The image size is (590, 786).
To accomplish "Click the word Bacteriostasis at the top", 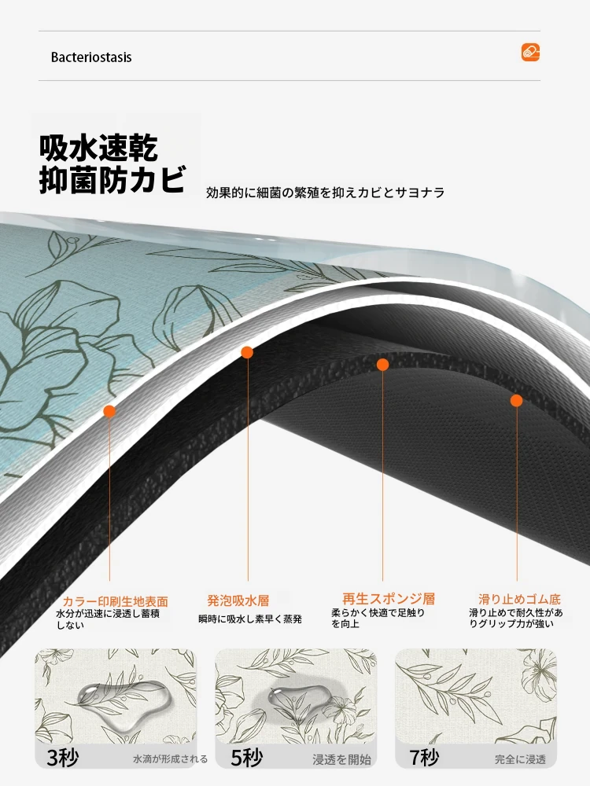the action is [x=91, y=57].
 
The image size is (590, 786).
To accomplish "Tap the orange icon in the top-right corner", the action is [x=530, y=52].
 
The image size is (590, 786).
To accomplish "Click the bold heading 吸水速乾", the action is [x=99, y=147].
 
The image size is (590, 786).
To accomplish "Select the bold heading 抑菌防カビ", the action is [x=112, y=179].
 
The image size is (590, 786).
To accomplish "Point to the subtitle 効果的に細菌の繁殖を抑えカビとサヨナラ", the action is [x=325, y=193].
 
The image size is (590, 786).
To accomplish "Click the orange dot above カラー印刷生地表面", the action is [x=109, y=412].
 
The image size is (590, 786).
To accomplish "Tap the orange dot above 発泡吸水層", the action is [x=247, y=352].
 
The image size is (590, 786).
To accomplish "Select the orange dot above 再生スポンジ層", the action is [x=383, y=365].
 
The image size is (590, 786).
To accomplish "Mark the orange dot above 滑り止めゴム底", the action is [x=517, y=401].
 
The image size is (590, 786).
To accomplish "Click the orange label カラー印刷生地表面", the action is [x=115, y=601].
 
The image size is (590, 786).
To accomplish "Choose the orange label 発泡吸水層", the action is [x=238, y=600].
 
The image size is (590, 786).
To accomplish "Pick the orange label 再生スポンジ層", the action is [x=389, y=598].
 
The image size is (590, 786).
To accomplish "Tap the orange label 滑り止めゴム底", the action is [x=519, y=599].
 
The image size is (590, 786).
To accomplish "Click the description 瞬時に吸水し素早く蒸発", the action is [x=250, y=619].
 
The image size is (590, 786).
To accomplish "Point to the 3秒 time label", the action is [x=63, y=758].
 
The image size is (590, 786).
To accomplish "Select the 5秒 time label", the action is [x=247, y=758].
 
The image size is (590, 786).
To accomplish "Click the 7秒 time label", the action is [x=424, y=758].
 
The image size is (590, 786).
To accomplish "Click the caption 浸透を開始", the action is [x=341, y=759].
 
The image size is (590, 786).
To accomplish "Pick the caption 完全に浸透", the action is [x=520, y=759].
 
